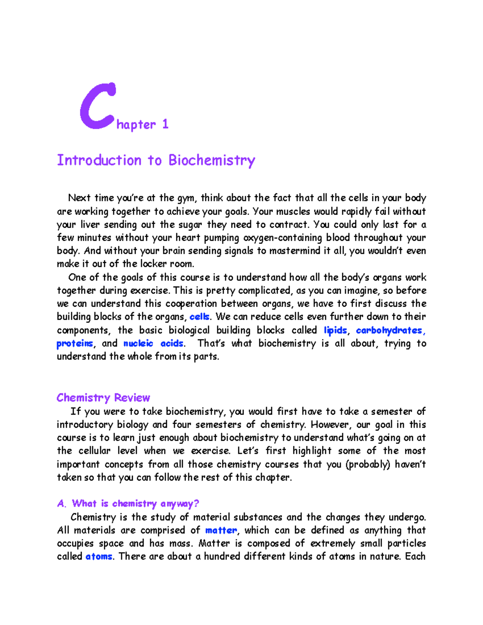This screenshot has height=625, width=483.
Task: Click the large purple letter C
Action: (x=98, y=106)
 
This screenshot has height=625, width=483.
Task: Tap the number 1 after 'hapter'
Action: (x=165, y=124)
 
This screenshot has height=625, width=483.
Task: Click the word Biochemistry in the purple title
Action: (x=212, y=160)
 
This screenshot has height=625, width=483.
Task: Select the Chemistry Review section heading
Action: (x=103, y=398)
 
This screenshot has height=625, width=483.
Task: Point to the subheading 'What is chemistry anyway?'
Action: (x=135, y=503)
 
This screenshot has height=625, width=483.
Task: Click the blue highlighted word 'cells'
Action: (x=199, y=317)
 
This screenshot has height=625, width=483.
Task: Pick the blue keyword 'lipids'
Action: (x=335, y=330)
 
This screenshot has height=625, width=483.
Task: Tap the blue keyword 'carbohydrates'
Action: (x=389, y=330)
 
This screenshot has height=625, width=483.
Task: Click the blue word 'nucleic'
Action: (x=138, y=344)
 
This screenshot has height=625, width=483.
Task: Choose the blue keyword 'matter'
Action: (x=221, y=530)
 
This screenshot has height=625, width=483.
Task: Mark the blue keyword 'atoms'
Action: (x=99, y=557)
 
